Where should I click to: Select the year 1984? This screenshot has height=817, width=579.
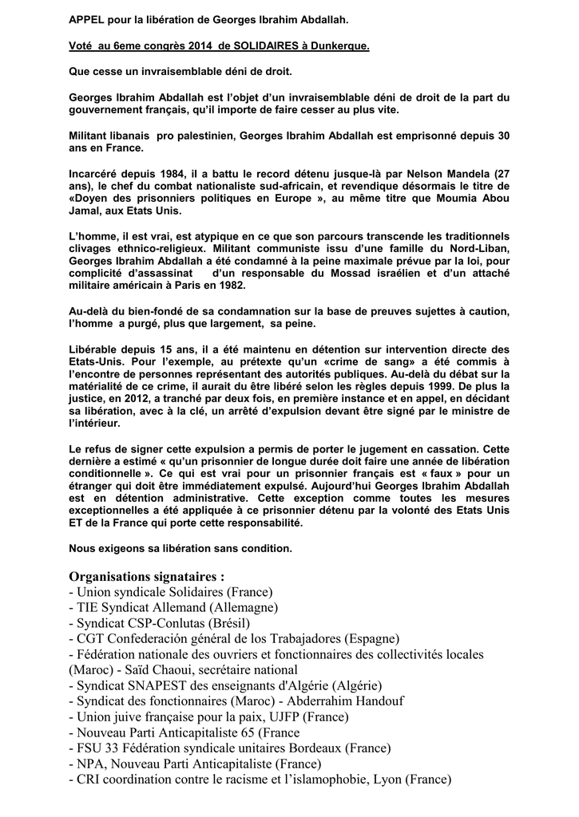point(170,174)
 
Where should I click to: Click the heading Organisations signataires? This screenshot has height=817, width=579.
point(147,577)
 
